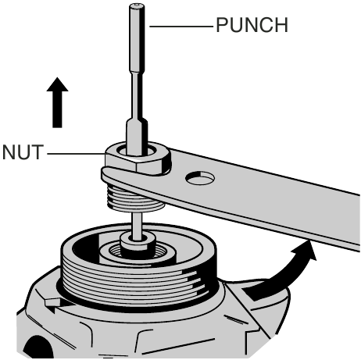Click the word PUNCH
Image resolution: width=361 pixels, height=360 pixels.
(x=252, y=25)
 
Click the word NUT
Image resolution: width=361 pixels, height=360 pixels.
(x=23, y=152)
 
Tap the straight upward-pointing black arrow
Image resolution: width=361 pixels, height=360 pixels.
(x=57, y=102)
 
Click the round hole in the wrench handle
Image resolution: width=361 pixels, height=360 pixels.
(x=200, y=179)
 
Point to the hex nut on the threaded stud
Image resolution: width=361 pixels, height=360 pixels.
(x=138, y=159)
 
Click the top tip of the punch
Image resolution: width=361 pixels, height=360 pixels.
(x=137, y=5)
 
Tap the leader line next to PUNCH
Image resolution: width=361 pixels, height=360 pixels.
(x=181, y=27)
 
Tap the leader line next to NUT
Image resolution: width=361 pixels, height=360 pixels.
(x=76, y=154)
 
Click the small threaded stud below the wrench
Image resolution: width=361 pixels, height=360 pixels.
(x=135, y=198)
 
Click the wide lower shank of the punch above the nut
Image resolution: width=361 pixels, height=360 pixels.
(x=137, y=136)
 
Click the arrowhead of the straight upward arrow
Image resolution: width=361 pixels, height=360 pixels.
(x=57, y=85)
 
